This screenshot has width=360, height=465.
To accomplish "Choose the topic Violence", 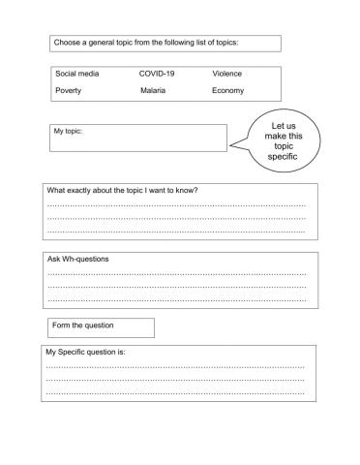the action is coord(227,74).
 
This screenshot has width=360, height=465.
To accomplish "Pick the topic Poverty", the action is coord(69,91).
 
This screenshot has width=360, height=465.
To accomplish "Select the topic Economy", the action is coord(228,91).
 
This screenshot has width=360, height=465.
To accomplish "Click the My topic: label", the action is coord(69,132).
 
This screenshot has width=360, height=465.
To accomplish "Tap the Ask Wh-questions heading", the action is coord(78,260).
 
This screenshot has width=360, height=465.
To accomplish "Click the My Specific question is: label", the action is coord(86,353).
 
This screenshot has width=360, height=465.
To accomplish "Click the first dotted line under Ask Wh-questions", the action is coord(176,274).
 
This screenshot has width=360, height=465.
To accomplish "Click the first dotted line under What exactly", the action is coord(176,205).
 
